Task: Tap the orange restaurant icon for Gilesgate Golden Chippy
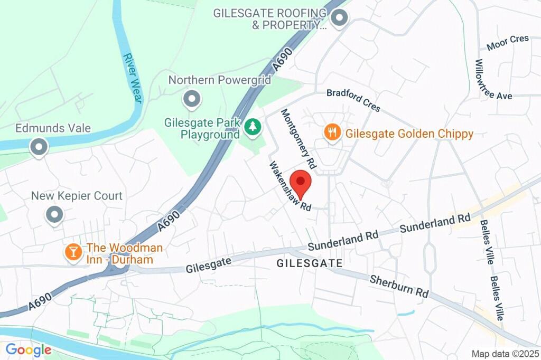click(332, 133)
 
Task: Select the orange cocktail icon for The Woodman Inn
click(72, 252)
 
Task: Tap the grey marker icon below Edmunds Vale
click(39, 148)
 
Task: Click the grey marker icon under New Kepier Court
click(54, 215)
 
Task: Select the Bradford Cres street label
click(353, 100)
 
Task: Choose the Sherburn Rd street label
click(398, 286)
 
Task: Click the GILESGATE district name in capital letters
click(309, 262)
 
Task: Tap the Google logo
click(28, 349)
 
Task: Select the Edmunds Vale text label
click(53, 128)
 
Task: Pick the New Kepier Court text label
click(77, 196)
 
